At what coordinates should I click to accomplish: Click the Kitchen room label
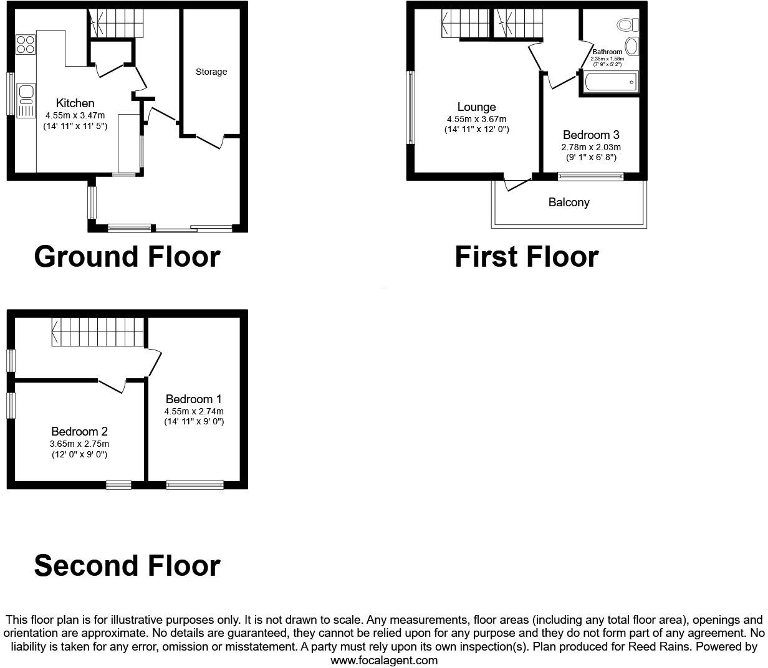(x=75, y=103)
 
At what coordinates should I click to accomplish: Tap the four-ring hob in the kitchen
(x=26, y=44)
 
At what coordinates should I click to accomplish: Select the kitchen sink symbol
(x=26, y=100)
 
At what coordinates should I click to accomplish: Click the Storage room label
(x=211, y=72)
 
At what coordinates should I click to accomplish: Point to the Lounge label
(x=476, y=107)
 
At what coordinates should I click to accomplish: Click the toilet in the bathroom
(x=627, y=24)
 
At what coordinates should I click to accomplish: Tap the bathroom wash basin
(x=631, y=46)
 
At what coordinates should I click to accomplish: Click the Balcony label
(x=569, y=203)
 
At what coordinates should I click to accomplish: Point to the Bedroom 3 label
(x=591, y=135)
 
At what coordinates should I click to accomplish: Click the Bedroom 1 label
(x=193, y=399)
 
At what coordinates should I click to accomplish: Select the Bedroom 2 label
(x=79, y=431)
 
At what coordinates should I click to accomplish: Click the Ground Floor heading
(x=127, y=257)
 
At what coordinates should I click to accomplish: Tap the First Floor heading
(x=526, y=257)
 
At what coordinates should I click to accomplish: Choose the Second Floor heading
(x=127, y=565)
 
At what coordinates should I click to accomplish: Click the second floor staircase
(x=98, y=332)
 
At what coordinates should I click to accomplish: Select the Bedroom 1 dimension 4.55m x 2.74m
(x=194, y=411)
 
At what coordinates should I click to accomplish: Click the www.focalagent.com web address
(x=383, y=661)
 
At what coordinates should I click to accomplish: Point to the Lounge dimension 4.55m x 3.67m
(x=476, y=119)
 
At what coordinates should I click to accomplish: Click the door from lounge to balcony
(x=517, y=184)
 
